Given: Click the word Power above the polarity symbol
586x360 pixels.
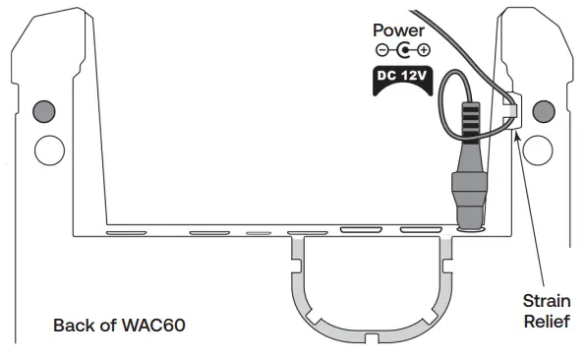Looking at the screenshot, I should click(399, 30).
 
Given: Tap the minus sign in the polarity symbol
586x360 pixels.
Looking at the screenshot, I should click(381, 50).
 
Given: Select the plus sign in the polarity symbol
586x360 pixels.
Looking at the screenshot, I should click(424, 50).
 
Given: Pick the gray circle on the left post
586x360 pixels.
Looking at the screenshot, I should click(45, 111).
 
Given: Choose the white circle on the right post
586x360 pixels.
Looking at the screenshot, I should click(539, 150).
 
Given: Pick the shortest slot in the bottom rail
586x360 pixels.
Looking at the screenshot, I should click(258, 234).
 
